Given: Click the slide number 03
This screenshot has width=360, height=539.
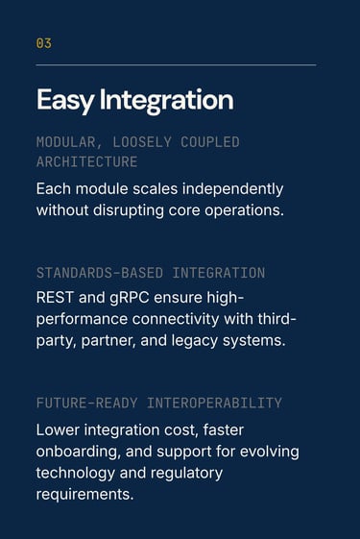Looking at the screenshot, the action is click(x=44, y=43).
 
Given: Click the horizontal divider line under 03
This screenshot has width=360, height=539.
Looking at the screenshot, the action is click(x=176, y=64).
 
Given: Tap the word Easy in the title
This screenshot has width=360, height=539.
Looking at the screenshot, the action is click(x=65, y=100).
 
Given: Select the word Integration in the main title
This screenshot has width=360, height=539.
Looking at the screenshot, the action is click(x=167, y=100).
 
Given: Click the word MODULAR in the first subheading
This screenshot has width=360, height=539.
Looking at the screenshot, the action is click(x=66, y=142).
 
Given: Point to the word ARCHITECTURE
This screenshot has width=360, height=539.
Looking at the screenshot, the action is click(x=87, y=162).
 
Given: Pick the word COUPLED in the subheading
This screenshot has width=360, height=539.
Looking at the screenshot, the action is click(x=210, y=142).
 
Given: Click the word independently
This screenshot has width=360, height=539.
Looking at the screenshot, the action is click(x=232, y=189).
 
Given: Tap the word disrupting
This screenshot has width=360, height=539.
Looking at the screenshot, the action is click(x=128, y=210).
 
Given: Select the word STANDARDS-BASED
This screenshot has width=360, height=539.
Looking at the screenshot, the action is click(x=100, y=273).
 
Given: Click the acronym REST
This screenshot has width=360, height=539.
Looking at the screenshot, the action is click(x=55, y=298).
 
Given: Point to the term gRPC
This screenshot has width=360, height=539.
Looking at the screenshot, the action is click(x=130, y=298).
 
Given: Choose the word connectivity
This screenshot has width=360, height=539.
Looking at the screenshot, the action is click(x=176, y=319).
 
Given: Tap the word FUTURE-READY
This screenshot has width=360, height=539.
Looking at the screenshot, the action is click(x=87, y=403).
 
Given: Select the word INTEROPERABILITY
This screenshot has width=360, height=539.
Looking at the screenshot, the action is click(x=214, y=403).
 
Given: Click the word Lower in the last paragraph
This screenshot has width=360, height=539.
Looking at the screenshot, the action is click(x=58, y=430).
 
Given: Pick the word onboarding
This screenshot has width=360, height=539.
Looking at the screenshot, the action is click(x=79, y=452).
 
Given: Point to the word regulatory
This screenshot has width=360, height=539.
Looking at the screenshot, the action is click(x=186, y=474).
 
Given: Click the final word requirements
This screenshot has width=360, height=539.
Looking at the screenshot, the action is click(x=84, y=495).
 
